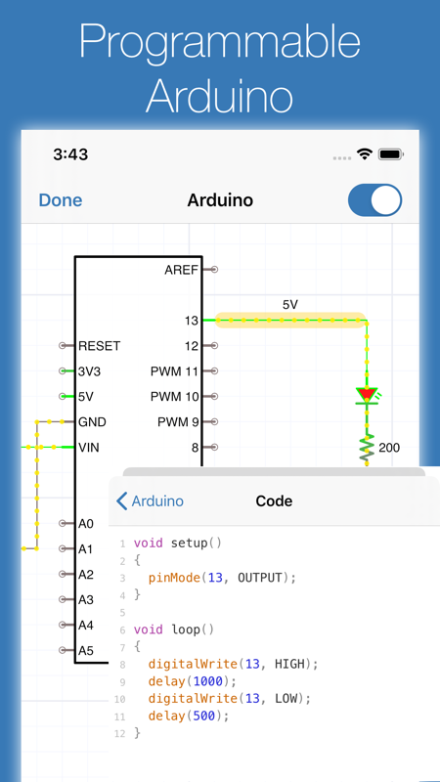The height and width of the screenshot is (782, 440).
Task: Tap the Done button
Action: pyautogui.click(x=61, y=200)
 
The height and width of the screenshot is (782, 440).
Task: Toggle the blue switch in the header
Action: pyautogui.click(x=374, y=200)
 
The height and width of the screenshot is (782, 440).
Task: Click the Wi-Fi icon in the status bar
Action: pyautogui.click(x=365, y=154)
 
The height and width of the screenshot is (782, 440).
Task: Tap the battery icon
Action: pyautogui.click(x=391, y=154)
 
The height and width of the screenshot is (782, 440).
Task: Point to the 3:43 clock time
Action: pyautogui.click(x=70, y=154)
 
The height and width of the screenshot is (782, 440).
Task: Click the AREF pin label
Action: pyautogui.click(x=182, y=270)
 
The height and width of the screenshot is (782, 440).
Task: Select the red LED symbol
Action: pyautogui.click(x=367, y=395)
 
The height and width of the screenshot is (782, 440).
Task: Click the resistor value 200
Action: pyautogui.click(x=389, y=448)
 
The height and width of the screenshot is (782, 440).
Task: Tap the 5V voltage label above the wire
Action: pyautogui.click(x=289, y=305)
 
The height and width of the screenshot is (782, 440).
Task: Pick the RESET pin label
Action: pyautogui.click(x=100, y=346)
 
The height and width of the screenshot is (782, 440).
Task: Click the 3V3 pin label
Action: pyautogui.click(x=90, y=371)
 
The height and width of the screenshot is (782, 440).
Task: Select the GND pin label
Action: pyautogui.click(x=92, y=422)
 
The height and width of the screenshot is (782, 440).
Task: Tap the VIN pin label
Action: pyautogui.click(x=89, y=448)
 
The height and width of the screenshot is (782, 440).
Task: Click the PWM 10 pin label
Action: pyautogui.click(x=175, y=397)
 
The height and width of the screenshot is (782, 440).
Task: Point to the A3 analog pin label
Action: pyautogui.click(x=86, y=600)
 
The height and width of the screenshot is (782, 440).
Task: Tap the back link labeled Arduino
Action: pyautogui.click(x=151, y=501)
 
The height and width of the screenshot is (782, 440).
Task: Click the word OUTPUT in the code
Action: pyautogui.click(x=259, y=578)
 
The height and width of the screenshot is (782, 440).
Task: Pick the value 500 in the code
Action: pyautogui.click(x=204, y=717)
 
